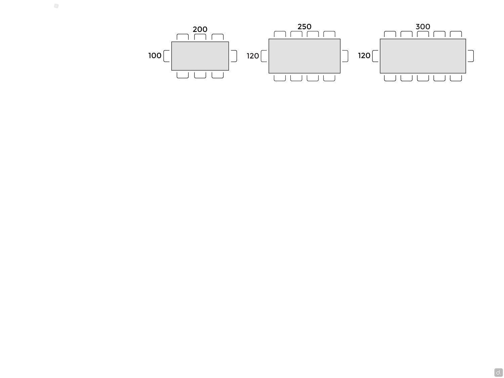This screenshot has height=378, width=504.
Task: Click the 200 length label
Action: click(x=200, y=29)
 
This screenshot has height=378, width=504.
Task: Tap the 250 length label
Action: click(x=304, y=27)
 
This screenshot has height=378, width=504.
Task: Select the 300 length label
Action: click(x=423, y=27)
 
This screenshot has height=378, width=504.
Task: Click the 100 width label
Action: click(x=155, y=55)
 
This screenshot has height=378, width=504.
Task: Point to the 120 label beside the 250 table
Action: click(x=253, y=56)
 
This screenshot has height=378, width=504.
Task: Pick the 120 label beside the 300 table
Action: click(x=364, y=55)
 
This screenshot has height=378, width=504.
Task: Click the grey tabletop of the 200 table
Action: click(x=200, y=56)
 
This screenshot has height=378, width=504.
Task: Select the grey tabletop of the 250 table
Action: click(x=304, y=56)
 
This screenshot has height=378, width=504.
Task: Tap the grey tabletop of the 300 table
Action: click(x=423, y=56)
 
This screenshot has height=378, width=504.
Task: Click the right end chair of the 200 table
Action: click(x=237, y=56)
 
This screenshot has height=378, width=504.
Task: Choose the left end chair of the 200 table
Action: click(x=164, y=56)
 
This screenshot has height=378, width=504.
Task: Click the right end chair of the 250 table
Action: click(x=348, y=56)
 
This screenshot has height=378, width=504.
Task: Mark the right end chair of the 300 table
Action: click(x=473, y=56)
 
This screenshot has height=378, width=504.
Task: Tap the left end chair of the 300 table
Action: click(x=372, y=56)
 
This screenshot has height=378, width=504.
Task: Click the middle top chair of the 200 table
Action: click(x=200, y=34)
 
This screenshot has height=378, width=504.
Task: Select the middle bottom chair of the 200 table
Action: click(x=200, y=78)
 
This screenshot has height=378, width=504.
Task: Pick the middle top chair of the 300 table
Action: click(x=423, y=32)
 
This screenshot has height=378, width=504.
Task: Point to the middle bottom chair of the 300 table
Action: click(x=423, y=81)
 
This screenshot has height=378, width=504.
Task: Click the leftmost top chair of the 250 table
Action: click(x=280, y=32)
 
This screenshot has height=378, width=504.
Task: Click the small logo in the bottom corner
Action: click(x=499, y=372)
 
